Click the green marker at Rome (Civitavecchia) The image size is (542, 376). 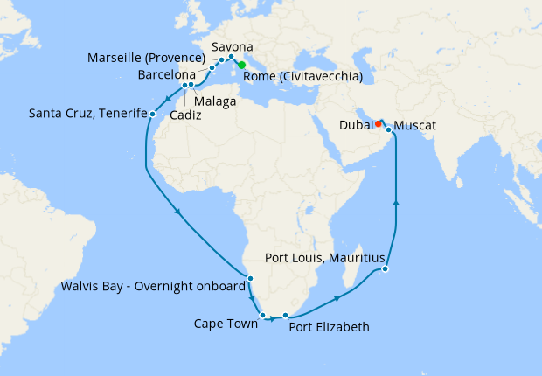point(241,65)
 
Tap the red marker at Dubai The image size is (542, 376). point(378,123)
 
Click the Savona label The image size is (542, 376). point(233,45)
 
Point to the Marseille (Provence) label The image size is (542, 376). point(146,59)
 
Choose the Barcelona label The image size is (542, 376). point(166,75)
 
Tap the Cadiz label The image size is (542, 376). point(184,114)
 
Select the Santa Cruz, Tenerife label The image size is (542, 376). point(86,113)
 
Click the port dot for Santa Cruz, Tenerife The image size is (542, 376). point(152,114)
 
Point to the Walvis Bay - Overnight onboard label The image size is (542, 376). point(152,285)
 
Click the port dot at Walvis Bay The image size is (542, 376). point(251,279)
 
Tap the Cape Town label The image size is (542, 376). point(226,324)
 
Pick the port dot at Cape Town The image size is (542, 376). point(262,315)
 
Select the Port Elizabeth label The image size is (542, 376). point(329,327)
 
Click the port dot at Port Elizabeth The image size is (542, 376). point(286,315)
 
